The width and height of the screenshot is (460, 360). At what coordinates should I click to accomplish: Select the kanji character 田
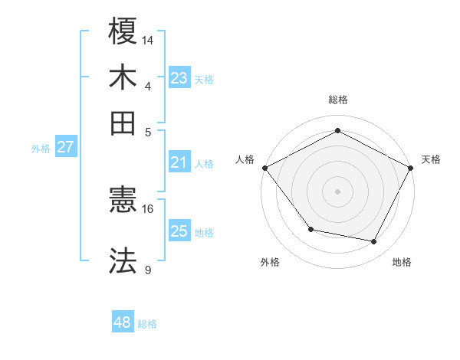click(123, 123)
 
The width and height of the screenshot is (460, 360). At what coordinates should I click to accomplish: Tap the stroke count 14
click(148, 40)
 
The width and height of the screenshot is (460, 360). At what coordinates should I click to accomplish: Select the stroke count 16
click(148, 208)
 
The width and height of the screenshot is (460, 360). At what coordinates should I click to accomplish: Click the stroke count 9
click(147, 270)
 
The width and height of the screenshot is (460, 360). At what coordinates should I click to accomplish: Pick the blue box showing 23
click(179, 78)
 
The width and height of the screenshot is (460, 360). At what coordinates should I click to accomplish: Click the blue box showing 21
click(179, 162)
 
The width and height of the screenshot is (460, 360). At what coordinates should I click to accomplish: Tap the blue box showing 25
click(179, 231)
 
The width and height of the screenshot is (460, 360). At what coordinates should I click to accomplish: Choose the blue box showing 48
click(123, 322)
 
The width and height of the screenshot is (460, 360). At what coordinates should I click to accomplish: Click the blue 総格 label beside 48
click(147, 324)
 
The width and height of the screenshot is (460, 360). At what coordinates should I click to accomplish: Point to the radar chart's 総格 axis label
click(337, 100)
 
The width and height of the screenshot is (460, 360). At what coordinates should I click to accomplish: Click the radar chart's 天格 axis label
click(431, 159)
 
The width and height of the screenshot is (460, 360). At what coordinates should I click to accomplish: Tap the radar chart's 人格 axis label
click(245, 159)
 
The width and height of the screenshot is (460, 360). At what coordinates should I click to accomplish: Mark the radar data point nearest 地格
click(374, 241)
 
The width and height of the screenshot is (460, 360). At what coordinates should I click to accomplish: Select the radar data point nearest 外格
click(310, 228)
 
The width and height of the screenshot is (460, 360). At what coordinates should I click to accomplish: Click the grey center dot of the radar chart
click(337, 191)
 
